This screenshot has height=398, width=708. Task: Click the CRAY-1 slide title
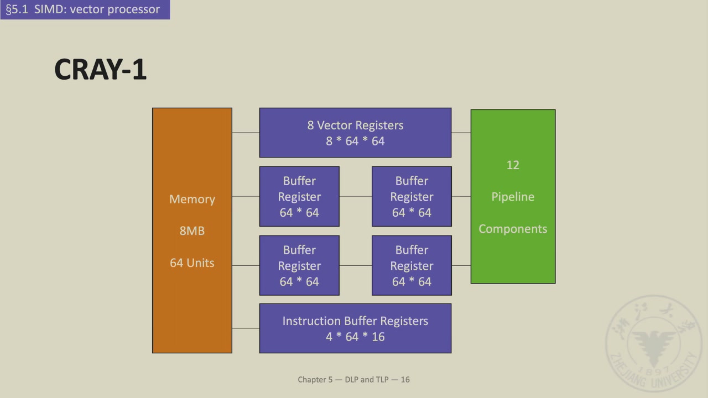[100, 70]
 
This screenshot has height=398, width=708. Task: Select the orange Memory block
[192, 166]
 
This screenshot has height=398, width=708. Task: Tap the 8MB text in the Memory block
[192, 231]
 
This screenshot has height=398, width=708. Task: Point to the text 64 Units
[192, 263]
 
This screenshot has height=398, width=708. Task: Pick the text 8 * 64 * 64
[355, 141]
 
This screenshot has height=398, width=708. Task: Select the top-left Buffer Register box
[299, 196]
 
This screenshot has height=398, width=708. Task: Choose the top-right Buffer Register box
[412, 196]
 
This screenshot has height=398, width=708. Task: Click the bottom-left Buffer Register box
[299, 265]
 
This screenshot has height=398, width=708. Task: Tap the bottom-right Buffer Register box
[412, 265]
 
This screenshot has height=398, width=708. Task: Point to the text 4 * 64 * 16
[355, 337]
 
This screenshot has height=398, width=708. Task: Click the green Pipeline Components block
[513, 254]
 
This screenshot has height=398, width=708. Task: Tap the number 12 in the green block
[513, 165]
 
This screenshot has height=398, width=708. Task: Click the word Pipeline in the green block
[513, 197]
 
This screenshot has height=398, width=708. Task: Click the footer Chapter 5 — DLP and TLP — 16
[353, 379]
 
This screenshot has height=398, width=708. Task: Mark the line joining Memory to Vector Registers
[246, 133]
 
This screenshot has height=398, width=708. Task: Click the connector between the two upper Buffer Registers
[356, 196]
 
